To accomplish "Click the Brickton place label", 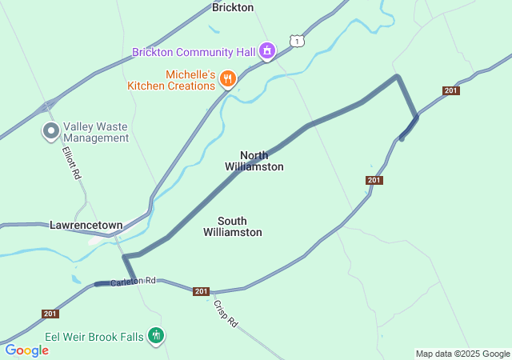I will point(233,7).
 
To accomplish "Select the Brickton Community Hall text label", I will point(194,53).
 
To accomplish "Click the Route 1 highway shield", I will point(297,40).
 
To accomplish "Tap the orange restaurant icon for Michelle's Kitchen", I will point(228,78).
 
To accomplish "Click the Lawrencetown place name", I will point(86,226).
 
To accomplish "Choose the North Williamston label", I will point(254,161).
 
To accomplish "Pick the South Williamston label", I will point(233,226).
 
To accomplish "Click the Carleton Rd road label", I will point(133,282).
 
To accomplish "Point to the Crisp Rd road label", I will point(226,312).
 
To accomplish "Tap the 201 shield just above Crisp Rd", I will point(202,291).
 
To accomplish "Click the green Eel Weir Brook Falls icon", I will point(157,336).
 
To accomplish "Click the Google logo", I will point(27,350).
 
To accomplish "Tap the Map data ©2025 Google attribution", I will point(462,354).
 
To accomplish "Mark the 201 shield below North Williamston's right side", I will point(374,180).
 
